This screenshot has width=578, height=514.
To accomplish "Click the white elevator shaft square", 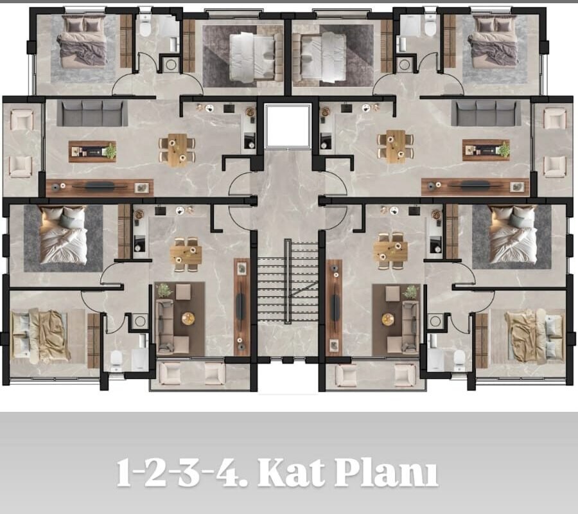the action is (288, 126).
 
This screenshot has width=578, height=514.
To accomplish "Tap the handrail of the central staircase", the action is (288, 281).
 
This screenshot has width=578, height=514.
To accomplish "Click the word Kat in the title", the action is (291, 472).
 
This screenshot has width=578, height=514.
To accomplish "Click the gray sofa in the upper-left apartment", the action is (92, 112).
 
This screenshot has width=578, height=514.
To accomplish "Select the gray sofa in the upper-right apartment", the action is (486, 112).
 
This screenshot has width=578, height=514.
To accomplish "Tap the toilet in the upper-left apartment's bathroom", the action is (145, 26).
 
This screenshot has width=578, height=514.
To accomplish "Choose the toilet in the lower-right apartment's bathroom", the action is (459, 360).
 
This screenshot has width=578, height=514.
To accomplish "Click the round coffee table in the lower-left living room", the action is (188, 319).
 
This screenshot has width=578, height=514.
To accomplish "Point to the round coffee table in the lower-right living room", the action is (388, 319).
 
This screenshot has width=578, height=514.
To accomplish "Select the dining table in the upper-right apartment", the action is (396, 146).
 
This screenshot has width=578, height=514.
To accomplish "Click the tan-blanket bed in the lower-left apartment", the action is (40, 335).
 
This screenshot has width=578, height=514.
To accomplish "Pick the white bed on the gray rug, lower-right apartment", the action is (512, 235).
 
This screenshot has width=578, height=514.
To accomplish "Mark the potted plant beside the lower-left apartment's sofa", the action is (164, 290).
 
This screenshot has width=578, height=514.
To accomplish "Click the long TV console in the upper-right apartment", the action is (475, 187).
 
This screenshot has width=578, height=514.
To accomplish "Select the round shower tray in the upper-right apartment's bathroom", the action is (405, 65).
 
